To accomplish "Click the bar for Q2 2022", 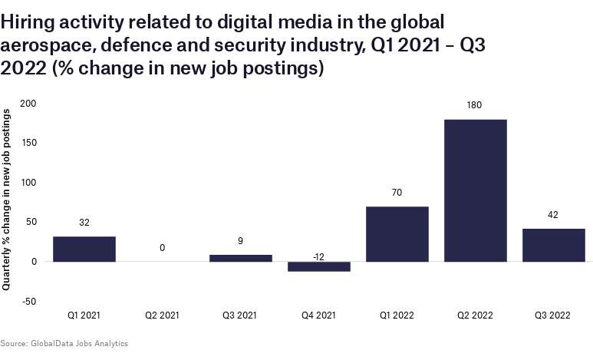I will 476,190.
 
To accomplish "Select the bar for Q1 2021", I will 84,249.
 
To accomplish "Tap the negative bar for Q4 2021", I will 319,266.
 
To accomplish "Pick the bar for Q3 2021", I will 241,258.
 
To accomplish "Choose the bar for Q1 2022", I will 397,234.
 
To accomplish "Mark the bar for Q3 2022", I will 554,245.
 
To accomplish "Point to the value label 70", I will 397,193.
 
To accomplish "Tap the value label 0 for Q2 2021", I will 163,248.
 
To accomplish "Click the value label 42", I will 554,216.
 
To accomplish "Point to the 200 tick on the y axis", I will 28,103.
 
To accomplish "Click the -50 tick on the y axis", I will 29,301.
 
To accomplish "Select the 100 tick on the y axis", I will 28,182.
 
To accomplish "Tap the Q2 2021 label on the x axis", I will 163,315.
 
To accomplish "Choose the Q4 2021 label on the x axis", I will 319,315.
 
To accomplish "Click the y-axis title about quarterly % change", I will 7,200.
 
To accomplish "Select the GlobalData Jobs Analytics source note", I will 64,343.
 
